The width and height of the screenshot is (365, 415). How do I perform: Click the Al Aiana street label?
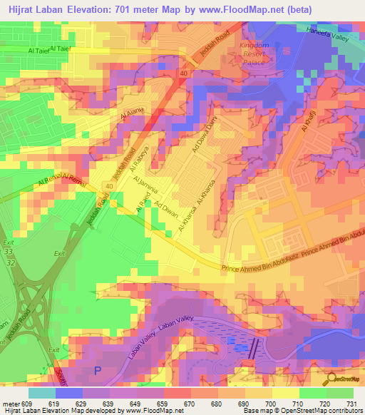pyautogui.click(x=133, y=114)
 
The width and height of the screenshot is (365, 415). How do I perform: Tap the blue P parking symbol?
pyautogui.click(x=98, y=370)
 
